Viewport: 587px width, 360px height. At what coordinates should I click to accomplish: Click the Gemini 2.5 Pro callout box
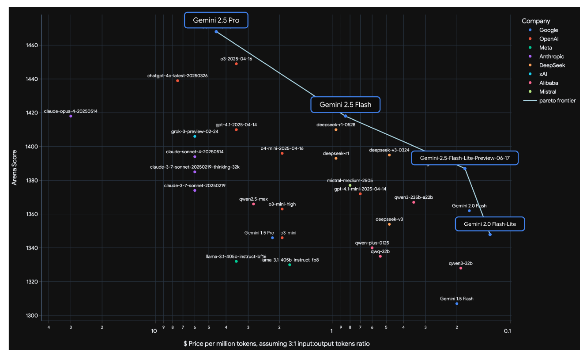[x=216, y=20]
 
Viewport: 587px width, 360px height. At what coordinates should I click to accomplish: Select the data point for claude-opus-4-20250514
[x=71, y=116]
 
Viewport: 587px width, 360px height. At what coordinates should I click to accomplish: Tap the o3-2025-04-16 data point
[x=236, y=64]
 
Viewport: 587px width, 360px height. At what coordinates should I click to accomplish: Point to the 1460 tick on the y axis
[x=32, y=45]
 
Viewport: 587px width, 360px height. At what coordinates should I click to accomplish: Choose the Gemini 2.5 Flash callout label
[x=346, y=105]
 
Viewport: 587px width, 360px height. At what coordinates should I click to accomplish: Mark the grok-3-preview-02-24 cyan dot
[x=195, y=136]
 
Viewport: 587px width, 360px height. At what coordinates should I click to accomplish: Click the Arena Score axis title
[x=14, y=167]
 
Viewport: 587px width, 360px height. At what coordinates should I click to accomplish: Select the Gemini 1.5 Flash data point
[x=457, y=303]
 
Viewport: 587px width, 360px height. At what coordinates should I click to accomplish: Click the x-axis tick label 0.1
[x=508, y=331]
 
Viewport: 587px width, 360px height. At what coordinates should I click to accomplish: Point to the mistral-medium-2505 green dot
[x=350, y=186]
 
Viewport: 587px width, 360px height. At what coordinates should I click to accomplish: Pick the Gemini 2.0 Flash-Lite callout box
[x=490, y=224]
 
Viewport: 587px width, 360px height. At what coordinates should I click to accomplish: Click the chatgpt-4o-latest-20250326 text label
[x=177, y=76]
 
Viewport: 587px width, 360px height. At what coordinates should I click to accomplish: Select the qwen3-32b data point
[x=461, y=268]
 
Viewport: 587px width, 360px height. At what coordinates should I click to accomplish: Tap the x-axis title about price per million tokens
[x=276, y=344]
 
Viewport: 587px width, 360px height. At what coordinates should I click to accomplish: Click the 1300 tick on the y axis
[x=32, y=315]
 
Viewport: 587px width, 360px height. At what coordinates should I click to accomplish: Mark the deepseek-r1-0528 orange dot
[x=336, y=130]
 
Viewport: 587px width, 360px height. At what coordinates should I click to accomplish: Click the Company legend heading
[x=536, y=21]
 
